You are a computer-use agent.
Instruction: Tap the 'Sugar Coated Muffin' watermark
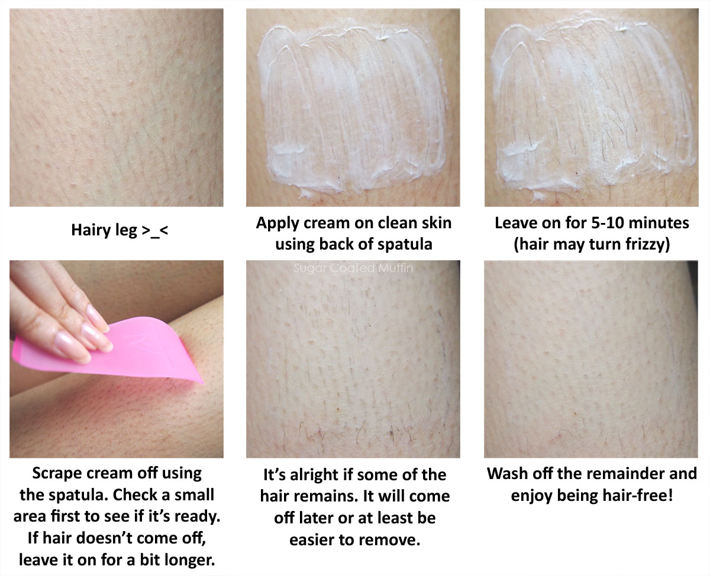tap(353, 268)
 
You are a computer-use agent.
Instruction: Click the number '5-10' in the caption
tap(606, 223)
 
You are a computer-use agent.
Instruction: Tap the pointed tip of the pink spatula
tap(204, 383)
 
